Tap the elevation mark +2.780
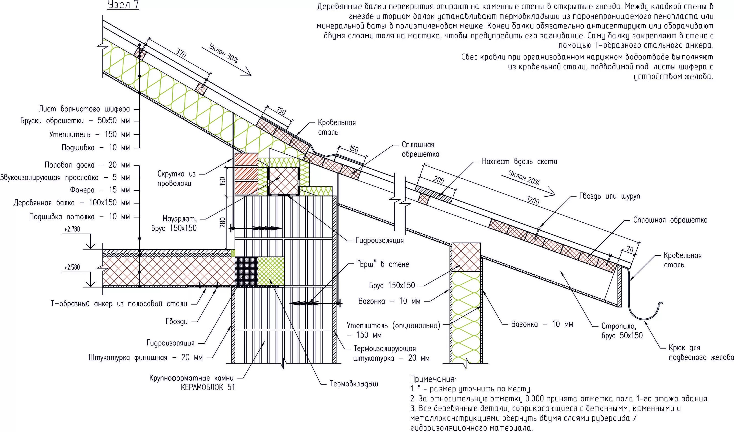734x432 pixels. [x=72, y=229]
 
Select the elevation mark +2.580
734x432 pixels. [x=72, y=267]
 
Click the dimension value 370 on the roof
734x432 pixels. [x=181, y=54]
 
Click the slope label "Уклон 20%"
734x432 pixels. [x=524, y=178]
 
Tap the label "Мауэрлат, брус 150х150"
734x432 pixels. [x=174, y=223]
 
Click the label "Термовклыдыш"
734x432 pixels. [x=354, y=384]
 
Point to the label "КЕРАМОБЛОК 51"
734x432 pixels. [x=207, y=388]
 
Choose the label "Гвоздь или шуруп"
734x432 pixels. [x=610, y=196]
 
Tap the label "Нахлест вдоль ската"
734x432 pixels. [x=519, y=161]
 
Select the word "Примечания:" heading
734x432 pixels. [x=433, y=379]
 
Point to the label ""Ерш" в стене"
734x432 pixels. [x=382, y=264]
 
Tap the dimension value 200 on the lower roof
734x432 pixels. [x=438, y=180]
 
